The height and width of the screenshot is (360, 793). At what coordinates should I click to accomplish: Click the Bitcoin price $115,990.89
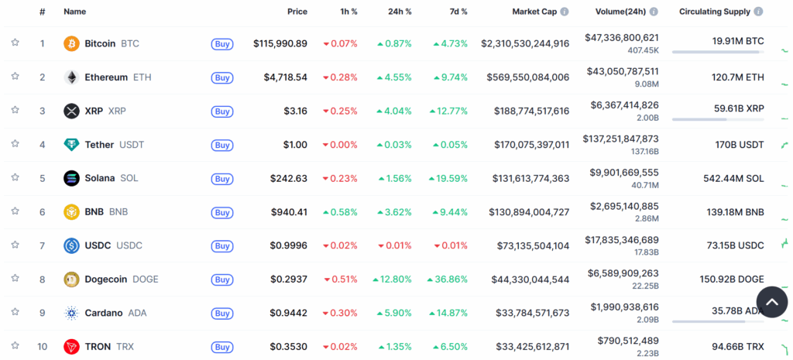(x=280, y=43)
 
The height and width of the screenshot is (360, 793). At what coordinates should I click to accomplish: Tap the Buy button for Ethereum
(x=222, y=77)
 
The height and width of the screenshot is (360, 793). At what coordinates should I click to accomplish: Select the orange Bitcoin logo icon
(x=71, y=43)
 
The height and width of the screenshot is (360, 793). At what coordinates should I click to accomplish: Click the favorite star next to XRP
(x=15, y=110)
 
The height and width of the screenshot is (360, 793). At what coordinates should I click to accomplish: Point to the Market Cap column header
(x=535, y=12)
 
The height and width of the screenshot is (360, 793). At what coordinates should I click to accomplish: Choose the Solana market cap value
(x=531, y=178)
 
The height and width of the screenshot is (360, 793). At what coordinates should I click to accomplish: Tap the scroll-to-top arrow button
(x=771, y=302)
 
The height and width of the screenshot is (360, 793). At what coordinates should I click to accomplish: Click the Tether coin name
(x=99, y=145)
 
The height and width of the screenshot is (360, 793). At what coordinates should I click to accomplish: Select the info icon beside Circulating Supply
(x=758, y=12)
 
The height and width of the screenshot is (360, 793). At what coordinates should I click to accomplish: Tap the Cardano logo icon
(x=71, y=313)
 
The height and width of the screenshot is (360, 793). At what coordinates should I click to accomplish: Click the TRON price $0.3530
(x=289, y=347)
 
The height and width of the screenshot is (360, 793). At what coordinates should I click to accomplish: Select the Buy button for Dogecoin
(x=222, y=279)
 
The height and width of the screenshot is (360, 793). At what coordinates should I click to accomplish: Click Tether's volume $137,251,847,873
(x=621, y=139)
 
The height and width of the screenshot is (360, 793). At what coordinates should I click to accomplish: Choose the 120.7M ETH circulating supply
(x=737, y=77)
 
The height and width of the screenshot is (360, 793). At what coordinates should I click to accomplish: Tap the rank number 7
(x=43, y=245)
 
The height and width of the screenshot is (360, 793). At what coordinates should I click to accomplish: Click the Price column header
(x=297, y=12)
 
